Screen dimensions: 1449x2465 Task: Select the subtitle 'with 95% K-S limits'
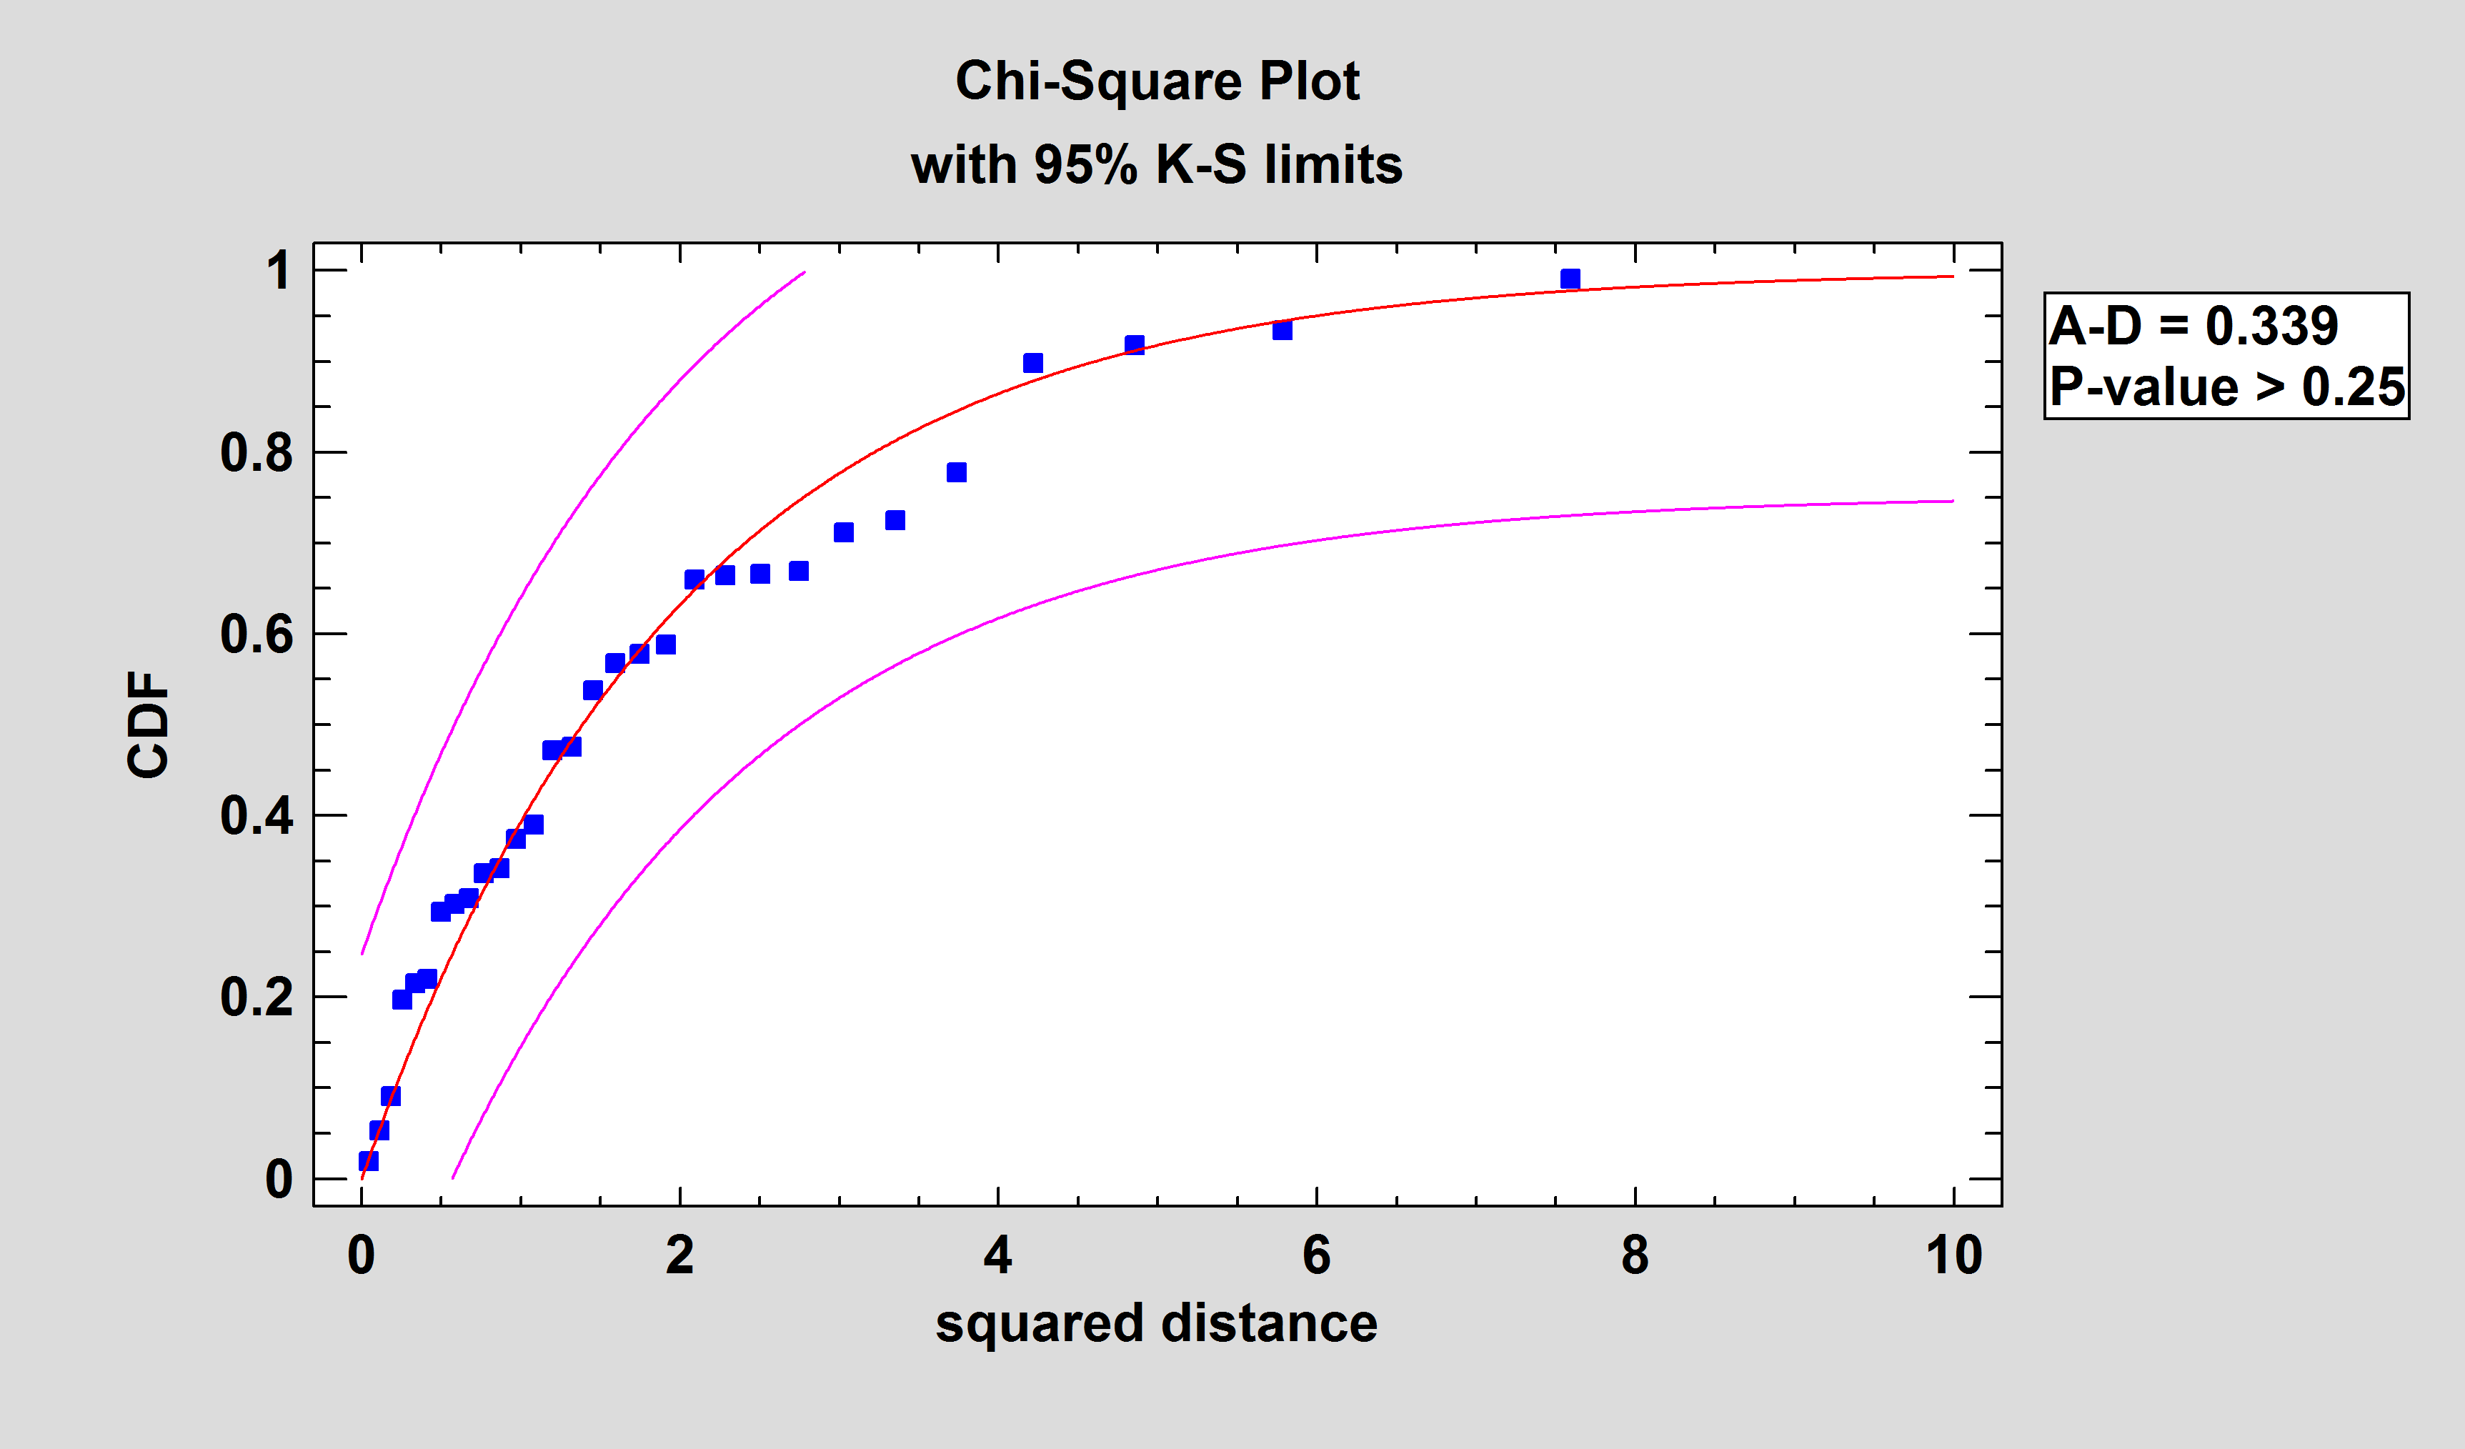tap(1157, 164)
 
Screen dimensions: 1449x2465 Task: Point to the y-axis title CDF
tap(149, 725)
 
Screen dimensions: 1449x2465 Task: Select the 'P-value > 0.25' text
tap(2226, 387)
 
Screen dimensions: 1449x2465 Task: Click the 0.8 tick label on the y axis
tap(257, 453)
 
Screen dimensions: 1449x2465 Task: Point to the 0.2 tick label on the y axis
tap(257, 998)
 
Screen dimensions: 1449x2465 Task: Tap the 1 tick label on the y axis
tap(279, 271)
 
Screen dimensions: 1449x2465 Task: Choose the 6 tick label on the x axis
tap(1317, 1255)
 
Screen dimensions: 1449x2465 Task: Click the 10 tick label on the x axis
tap(1953, 1255)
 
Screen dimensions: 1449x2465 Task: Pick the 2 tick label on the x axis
tap(679, 1255)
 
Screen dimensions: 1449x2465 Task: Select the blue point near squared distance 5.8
tap(1283, 331)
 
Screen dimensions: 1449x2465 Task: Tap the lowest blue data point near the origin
tap(368, 1161)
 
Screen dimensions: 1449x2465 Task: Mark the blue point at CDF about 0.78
tap(957, 472)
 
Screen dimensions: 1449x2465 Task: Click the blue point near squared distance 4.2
tap(1033, 364)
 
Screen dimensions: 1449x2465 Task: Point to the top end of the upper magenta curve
tap(803, 273)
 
